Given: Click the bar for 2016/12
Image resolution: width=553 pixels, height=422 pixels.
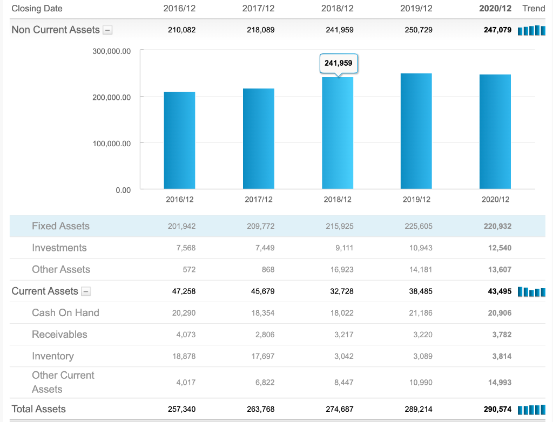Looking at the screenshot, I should (179, 140).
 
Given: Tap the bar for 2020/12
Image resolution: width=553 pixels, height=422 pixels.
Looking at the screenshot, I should (495, 132).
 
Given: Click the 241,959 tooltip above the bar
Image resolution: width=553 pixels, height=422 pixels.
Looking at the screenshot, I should (339, 63).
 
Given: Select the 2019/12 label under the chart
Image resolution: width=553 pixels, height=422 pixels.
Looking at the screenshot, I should (416, 200).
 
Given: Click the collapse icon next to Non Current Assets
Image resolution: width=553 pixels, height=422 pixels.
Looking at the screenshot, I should (108, 30).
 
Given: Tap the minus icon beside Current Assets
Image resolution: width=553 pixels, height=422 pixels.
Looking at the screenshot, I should (86, 291).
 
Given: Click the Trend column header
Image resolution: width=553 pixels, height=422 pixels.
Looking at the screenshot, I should (534, 9).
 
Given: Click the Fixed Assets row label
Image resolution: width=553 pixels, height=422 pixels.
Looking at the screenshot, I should (60, 226).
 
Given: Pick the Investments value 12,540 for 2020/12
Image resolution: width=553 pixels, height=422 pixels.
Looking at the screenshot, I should (500, 248).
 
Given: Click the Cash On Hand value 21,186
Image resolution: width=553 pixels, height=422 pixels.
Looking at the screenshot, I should (421, 313).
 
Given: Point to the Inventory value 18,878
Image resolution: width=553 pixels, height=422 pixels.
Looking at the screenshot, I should (185, 356).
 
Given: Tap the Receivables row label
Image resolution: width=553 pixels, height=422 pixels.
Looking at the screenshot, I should (59, 335).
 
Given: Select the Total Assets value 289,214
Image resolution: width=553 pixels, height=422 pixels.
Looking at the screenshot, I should (419, 409).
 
